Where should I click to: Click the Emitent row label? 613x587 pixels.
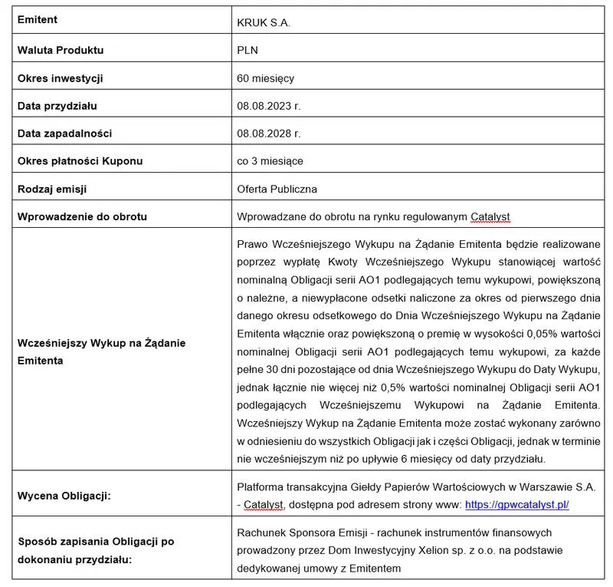38,20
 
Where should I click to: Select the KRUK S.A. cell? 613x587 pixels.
264,23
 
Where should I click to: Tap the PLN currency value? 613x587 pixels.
247,51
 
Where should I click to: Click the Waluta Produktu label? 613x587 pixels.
61,51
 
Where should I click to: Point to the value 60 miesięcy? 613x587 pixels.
266,78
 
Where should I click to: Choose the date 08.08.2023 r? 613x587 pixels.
269,106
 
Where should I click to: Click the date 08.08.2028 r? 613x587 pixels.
269,134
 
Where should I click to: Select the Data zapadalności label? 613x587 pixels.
64,134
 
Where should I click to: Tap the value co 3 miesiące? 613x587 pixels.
270,161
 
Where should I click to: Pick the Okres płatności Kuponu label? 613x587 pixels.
80,161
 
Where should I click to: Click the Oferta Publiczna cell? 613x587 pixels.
277,189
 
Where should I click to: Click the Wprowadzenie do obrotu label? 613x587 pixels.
82,216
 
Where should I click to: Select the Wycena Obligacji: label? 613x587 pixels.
64,496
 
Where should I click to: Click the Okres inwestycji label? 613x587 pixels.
61,78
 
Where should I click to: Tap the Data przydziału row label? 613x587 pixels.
57,106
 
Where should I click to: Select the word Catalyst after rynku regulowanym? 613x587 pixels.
490,217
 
